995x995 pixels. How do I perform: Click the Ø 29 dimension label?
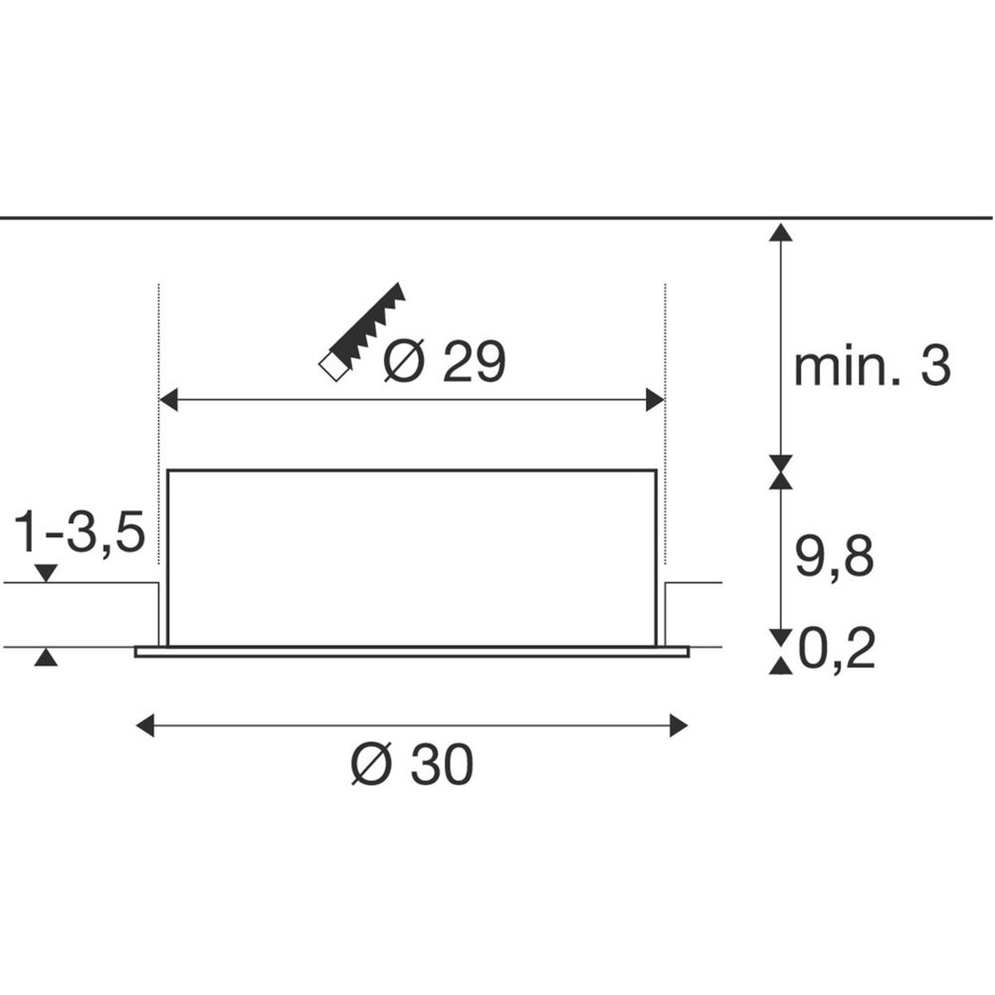(x=444, y=361)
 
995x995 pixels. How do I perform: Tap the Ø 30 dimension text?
(x=412, y=764)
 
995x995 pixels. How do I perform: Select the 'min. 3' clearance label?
(x=872, y=366)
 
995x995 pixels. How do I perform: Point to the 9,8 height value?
(x=834, y=556)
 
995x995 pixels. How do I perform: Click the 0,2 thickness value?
(x=837, y=649)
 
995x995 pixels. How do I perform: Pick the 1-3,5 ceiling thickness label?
(x=80, y=531)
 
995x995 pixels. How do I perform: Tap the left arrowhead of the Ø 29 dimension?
(x=168, y=400)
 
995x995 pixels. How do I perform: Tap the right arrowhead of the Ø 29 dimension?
(x=655, y=400)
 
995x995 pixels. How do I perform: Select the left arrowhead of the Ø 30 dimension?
(x=145, y=725)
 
